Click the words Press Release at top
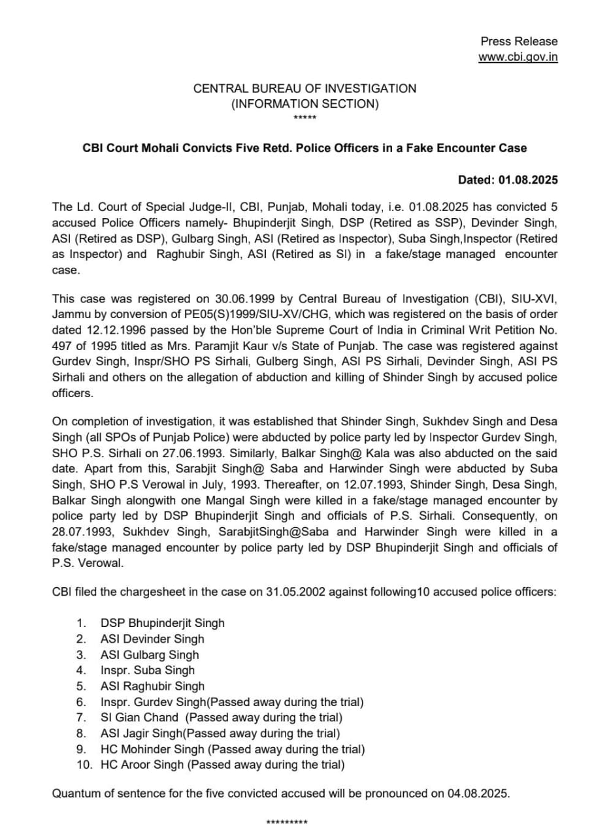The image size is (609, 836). coord(519,41)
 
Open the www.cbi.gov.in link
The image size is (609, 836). coord(518,57)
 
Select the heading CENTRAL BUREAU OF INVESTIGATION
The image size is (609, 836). coord(304,88)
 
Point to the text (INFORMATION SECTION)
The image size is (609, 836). coord(304,103)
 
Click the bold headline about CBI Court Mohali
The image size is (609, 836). coord(304,148)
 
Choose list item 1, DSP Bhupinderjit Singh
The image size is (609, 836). coord(162,623)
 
